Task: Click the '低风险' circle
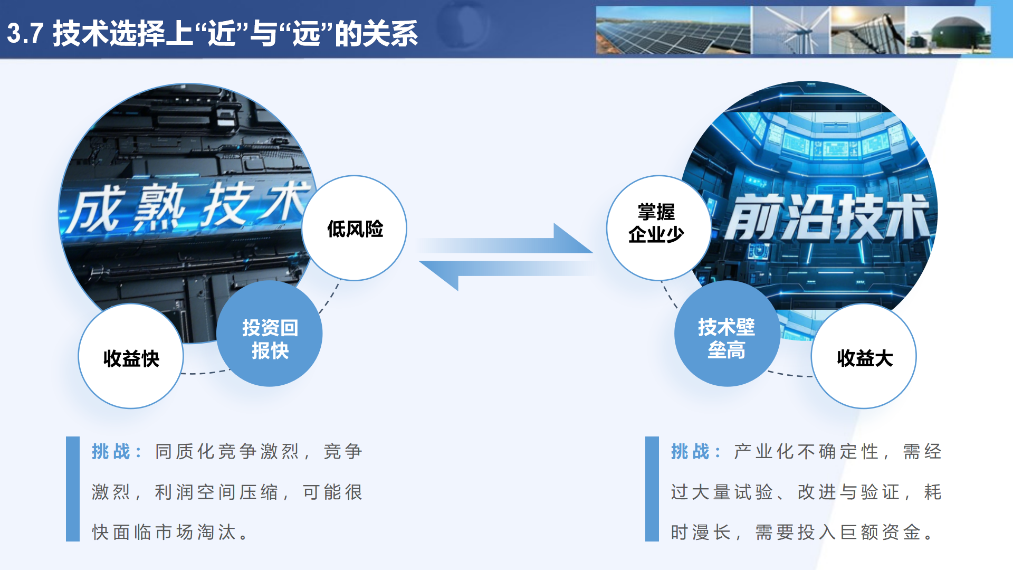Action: click(x=355, y=228)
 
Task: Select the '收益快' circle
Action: click(x=131, y=357)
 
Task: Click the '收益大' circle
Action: click(x=864, y=357)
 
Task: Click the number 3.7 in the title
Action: click(x=25, y=33)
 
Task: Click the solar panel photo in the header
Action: click(x=673, y=31)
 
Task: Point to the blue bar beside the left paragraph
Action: click(x=73, y=489)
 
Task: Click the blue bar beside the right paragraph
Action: click(x=652, y=489)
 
